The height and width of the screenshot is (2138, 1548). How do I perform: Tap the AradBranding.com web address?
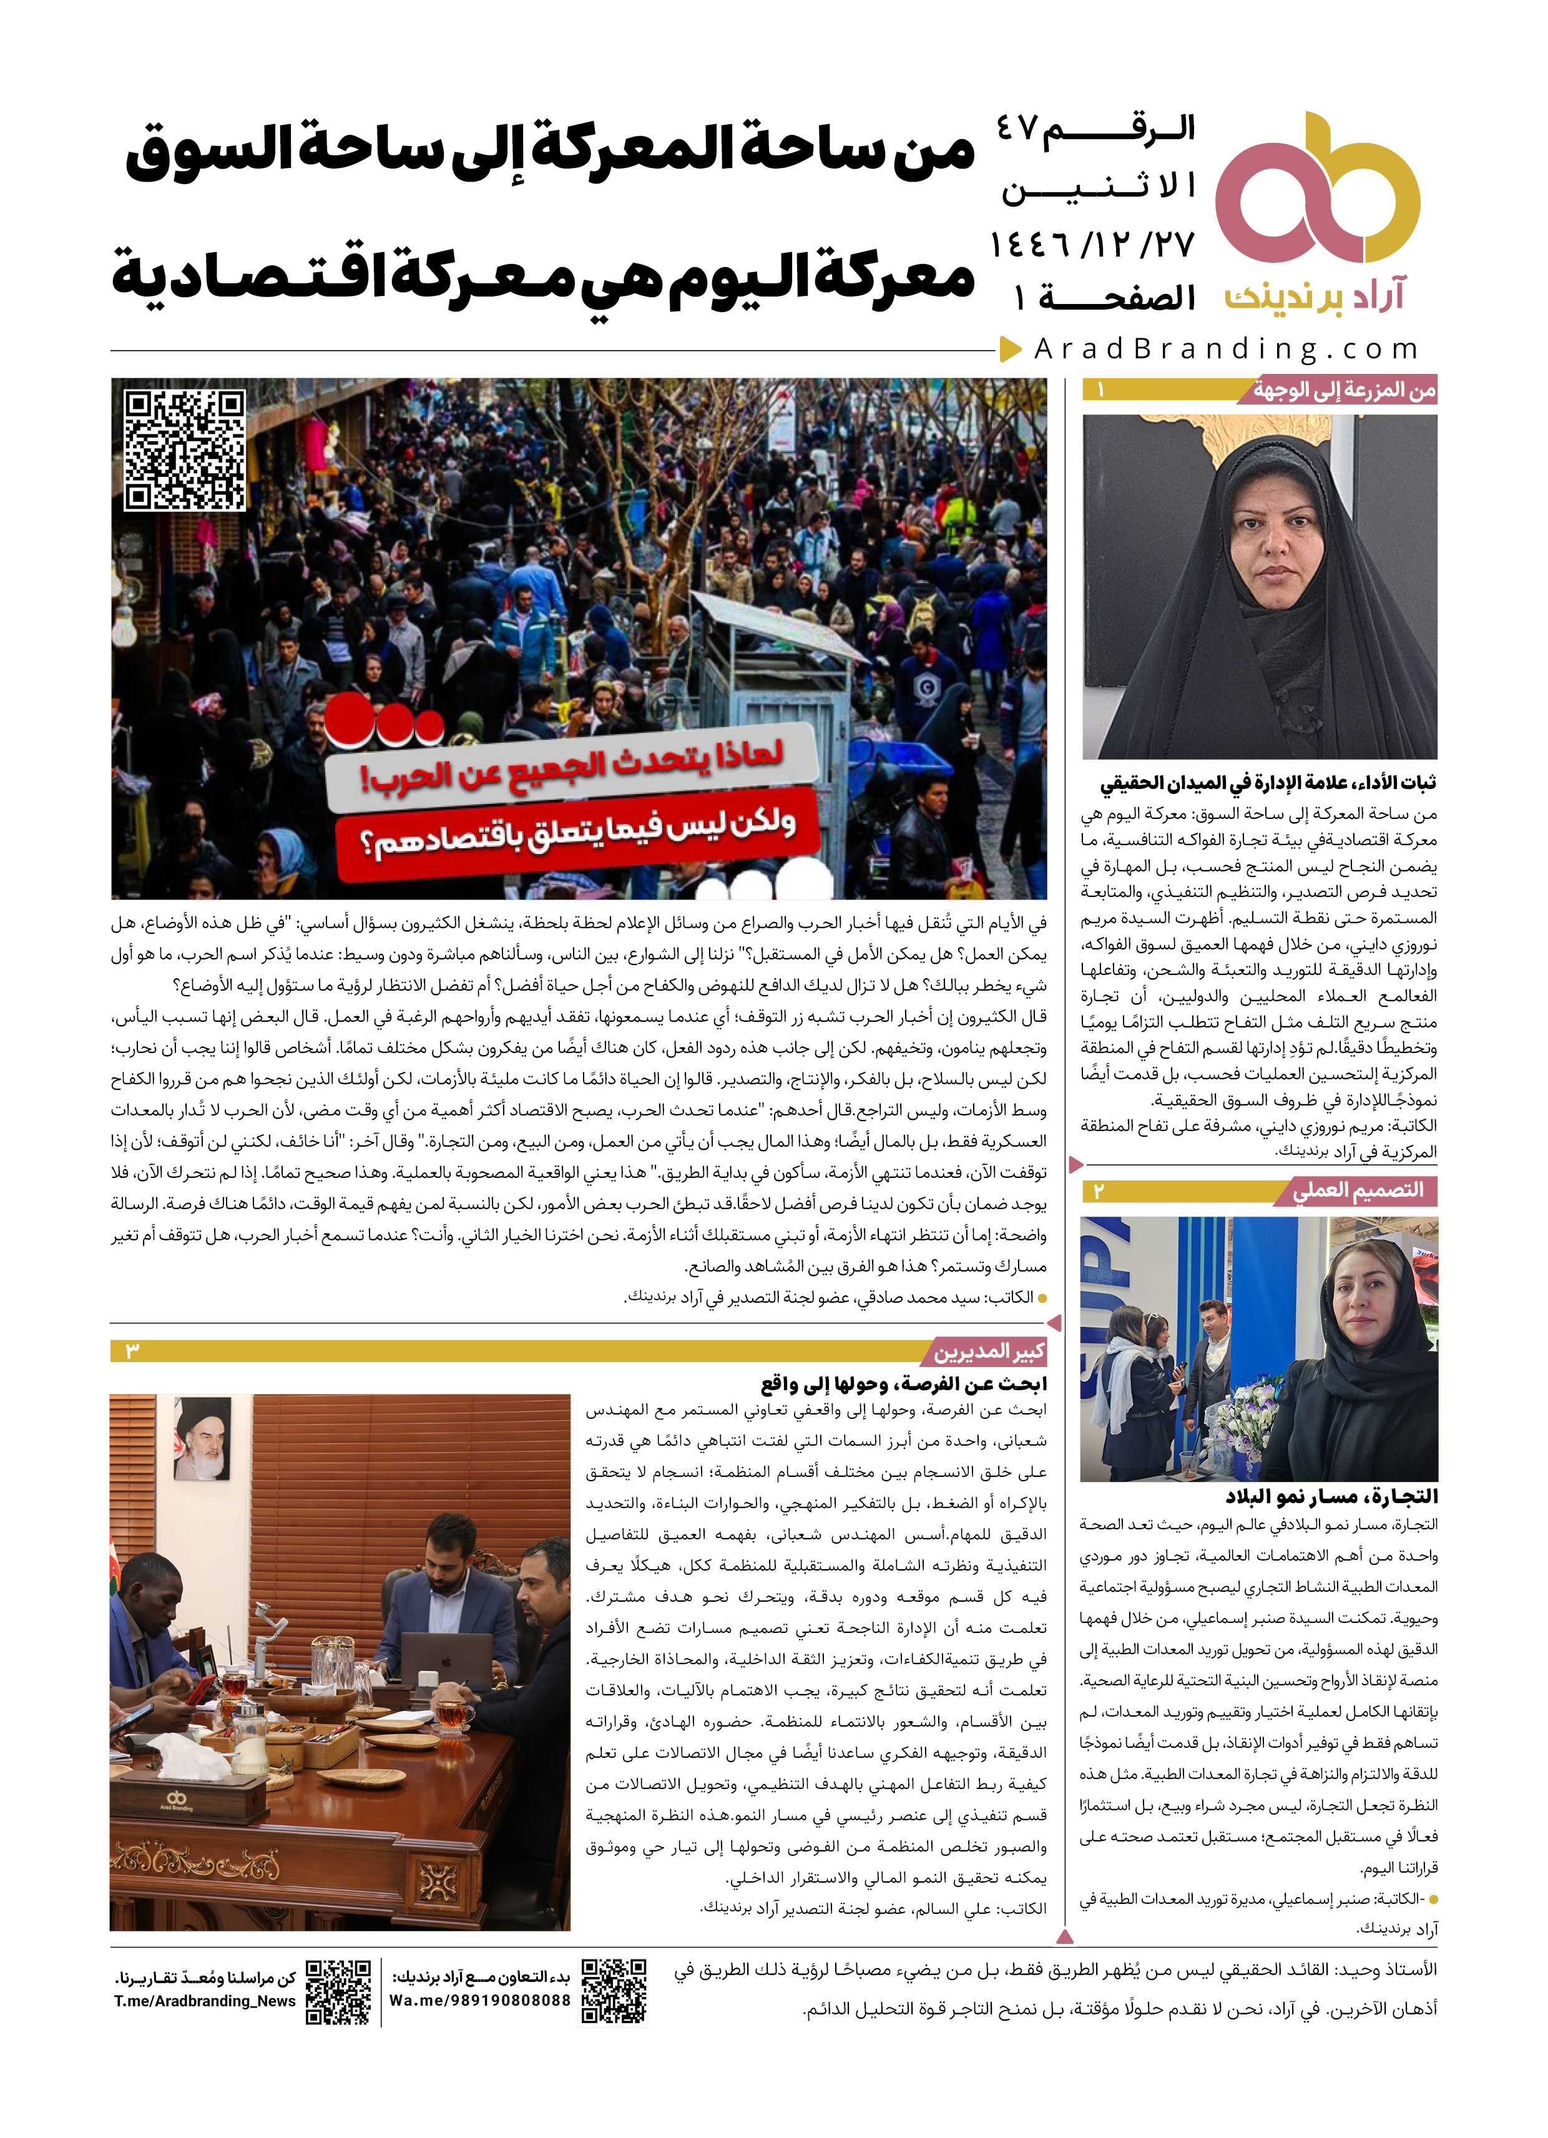click(1225, 350)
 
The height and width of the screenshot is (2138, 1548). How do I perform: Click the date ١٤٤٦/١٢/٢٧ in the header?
click(1092, 245)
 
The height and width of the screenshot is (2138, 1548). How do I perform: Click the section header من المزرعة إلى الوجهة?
click(1343, 390)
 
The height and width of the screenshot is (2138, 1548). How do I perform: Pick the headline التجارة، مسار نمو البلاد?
click(1331, 1496)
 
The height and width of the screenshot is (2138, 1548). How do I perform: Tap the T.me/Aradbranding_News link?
click(205, 2001)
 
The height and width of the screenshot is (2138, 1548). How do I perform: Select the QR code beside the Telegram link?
click(338, 1992)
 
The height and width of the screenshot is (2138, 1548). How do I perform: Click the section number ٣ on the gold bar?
click(132, 1351)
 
